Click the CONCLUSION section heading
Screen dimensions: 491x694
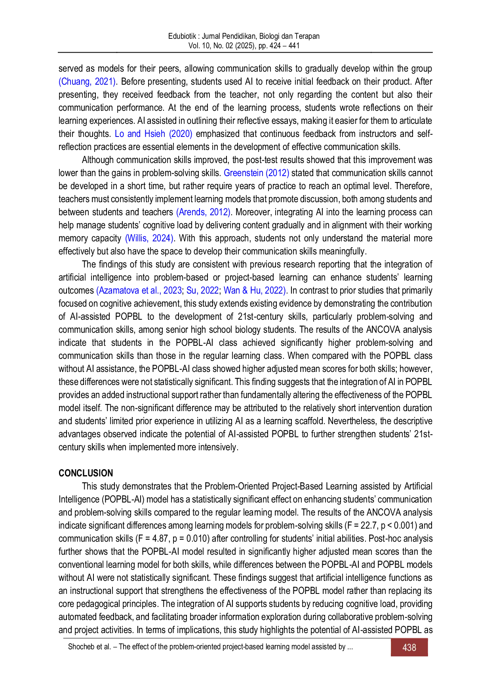86,473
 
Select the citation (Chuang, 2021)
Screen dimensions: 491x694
88,82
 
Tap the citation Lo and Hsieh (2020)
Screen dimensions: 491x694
154,134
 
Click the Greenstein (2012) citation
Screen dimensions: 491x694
257,173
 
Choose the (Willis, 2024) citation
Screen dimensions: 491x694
150,238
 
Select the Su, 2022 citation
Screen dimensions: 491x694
202,290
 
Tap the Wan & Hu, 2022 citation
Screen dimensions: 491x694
253,290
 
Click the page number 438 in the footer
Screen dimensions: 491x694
409,648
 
